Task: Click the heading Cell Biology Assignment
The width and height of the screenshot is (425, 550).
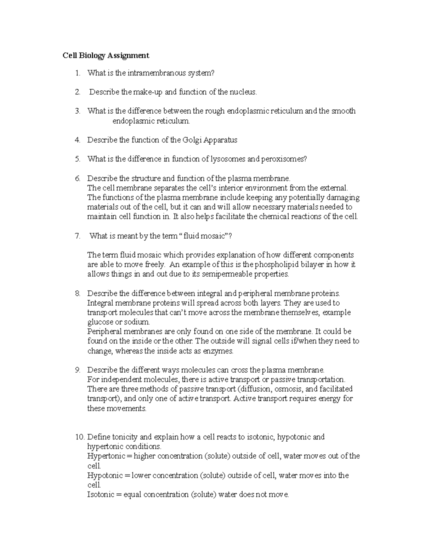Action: point(106,56)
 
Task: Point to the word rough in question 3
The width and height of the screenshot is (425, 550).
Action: point(215,111)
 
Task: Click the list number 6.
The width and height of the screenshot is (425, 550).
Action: point(78,178)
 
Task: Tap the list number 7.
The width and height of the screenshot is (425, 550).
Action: point(78,236)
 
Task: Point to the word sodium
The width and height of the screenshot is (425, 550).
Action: point(138,322)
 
